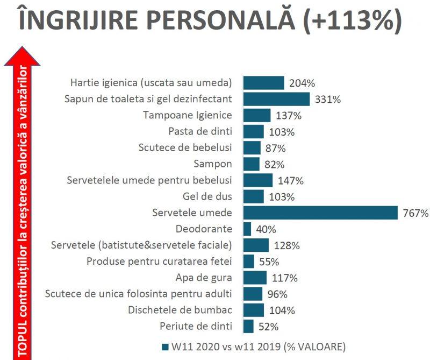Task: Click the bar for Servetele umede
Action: (x=320, y=213)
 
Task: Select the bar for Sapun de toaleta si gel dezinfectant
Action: (x=276, y=99)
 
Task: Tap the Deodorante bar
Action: (x=247, y=229)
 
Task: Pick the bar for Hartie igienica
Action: (x=263, y=83)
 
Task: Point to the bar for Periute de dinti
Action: (x=248, y=326)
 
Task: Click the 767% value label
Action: (x=415, y=213)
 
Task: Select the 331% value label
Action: (x=327, y=100)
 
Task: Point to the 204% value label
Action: (x=302, y=83)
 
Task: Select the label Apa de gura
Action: (x=204, y=278)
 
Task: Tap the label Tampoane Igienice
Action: (x=188, y=115)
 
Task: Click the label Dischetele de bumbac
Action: (x=180, y=310)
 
